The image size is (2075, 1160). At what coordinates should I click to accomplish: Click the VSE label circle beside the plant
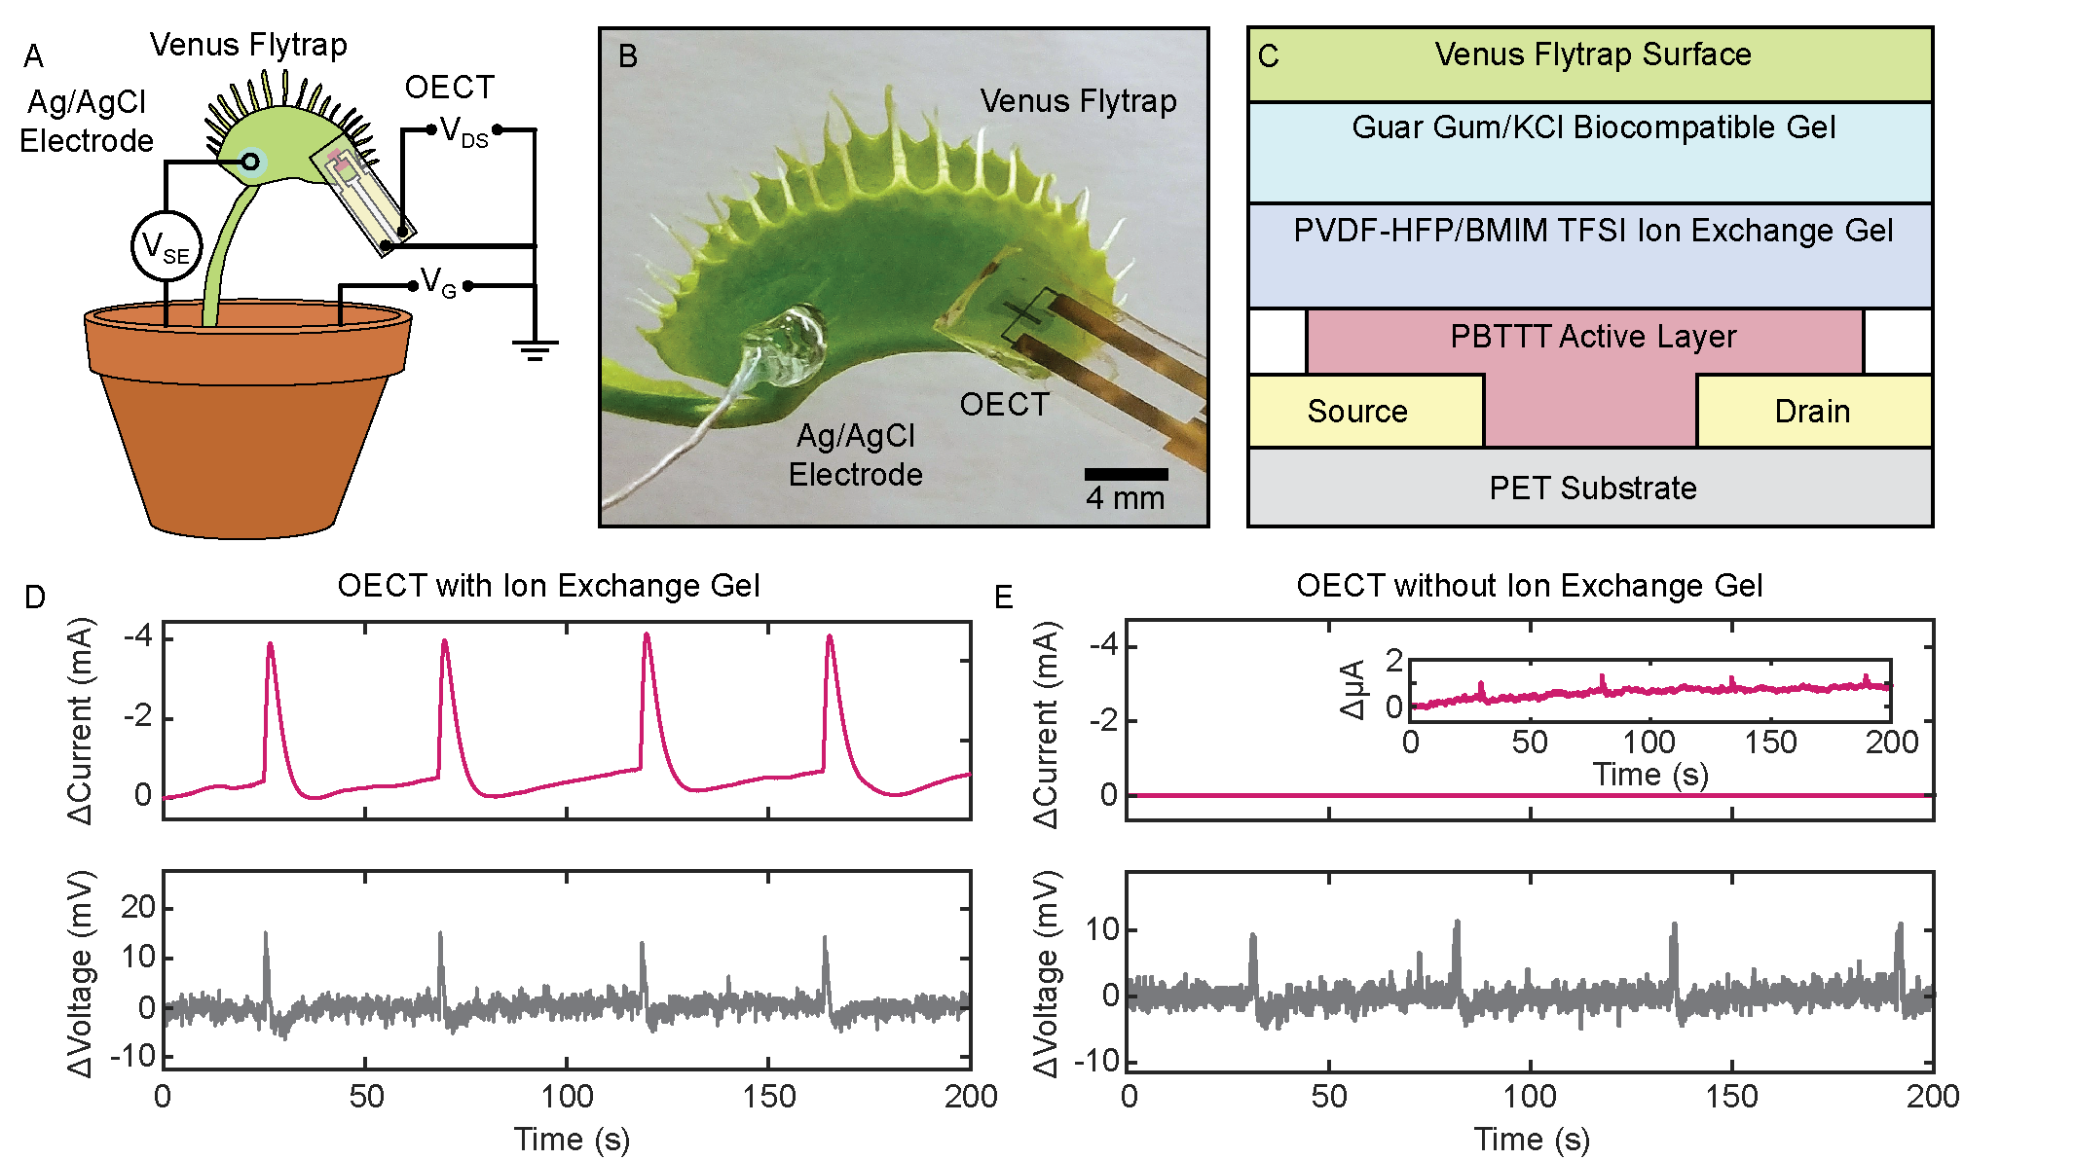click(x=167, y=246)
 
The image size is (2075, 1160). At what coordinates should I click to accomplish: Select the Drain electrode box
click(x=1812, y=412)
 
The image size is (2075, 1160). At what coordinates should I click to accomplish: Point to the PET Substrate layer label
click(x=1592, y=488)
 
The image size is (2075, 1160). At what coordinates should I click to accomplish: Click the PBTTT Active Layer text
click(x=1592, y=337)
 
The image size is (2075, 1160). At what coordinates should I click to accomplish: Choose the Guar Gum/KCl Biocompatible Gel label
click(x=1593, y=127)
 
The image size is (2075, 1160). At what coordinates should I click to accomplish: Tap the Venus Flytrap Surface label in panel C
click(x=1593, y=54)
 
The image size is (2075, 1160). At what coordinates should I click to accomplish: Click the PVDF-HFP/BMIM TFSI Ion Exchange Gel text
click(x=1593, y=231)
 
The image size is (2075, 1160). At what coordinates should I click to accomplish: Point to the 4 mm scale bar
click(x=1126, y=475)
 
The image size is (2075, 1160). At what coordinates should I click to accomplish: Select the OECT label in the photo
click(x=1004, y=405)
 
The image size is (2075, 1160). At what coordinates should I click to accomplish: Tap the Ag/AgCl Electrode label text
click(x=856, y=455)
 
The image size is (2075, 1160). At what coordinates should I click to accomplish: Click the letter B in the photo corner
click(x=628, y=56)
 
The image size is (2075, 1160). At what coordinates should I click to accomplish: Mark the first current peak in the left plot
click(x=270, y=644)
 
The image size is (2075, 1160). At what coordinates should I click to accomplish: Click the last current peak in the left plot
click(x=830, y=637)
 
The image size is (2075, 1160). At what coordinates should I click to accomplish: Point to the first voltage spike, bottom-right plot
click(x=1253, y=936)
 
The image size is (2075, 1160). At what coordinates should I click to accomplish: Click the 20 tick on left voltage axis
click(x=138, y=907)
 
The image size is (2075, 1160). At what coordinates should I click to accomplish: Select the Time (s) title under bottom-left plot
click(x=572, y=1139)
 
